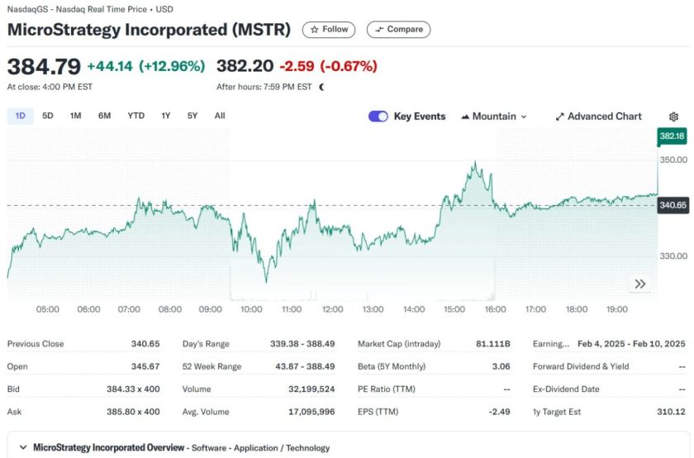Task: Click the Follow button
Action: tap(329, 30)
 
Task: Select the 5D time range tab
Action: tap(48, 116)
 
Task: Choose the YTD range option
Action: tap(135, 116)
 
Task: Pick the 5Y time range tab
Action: tap(193, 116)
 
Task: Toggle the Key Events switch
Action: tap(378, 117)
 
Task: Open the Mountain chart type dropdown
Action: tap(494, 117)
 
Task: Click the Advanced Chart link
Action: tap(598, 117)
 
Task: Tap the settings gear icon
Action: tap(673, 117)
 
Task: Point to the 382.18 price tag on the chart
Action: tap(673, 136)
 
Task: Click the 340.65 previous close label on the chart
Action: tap(673, 205)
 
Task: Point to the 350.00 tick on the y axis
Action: tap(673, 160)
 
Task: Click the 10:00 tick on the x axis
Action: tap(250, 309)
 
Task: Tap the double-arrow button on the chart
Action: tap(640, 284)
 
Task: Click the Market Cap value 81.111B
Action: tap(494, 344)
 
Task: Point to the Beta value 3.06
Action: tap(500, 365)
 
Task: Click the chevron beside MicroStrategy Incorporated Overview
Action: tap(22, 447)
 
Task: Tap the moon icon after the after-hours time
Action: tap(321, 86)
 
